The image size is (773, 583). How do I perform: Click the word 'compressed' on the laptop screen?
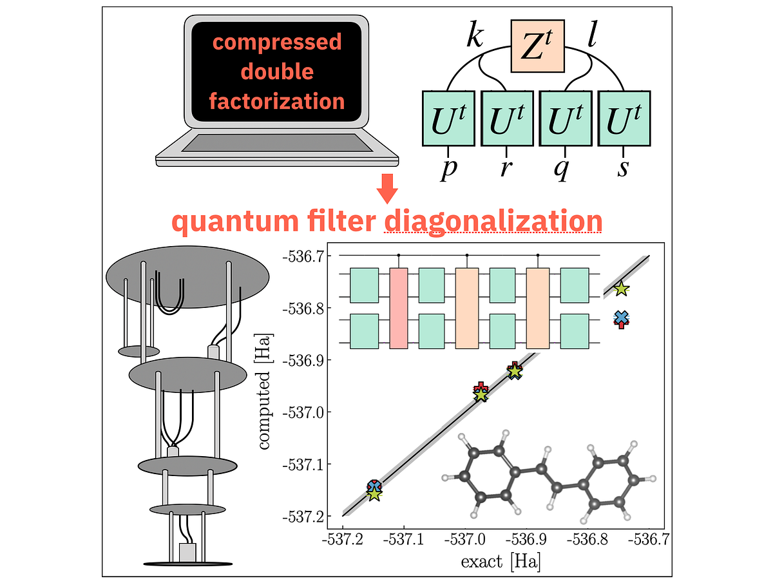[277, 43]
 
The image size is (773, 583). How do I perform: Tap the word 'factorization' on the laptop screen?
[277, 101]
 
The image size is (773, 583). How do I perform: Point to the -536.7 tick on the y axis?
[303, 256]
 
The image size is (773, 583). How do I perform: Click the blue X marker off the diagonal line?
[622, 317]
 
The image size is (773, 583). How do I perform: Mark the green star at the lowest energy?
[374, 494]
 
